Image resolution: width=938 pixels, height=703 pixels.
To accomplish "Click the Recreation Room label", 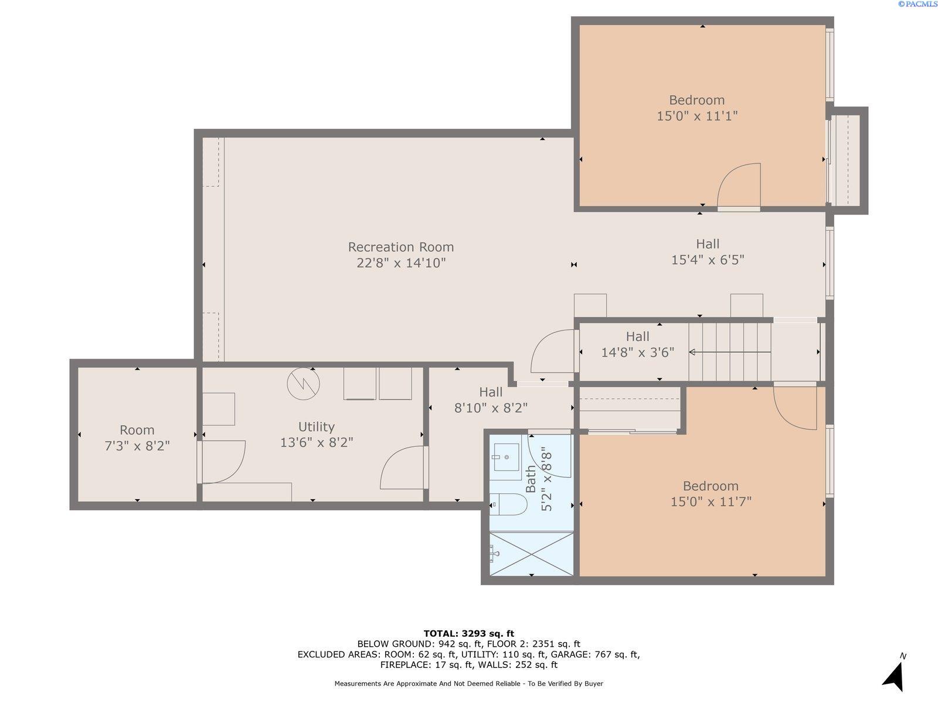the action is point(400,247).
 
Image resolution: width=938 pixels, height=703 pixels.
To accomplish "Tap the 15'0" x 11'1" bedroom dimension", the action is point(697,116).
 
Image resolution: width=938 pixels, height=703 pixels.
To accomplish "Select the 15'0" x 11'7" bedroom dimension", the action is point(711,501).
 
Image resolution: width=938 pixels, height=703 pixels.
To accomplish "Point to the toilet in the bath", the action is point(508,504).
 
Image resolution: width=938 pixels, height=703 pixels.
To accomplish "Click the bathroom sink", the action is point(507,457).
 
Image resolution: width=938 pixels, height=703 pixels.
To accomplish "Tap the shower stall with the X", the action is point(531,554).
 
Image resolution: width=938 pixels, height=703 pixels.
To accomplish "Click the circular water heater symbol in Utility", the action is point(304,384).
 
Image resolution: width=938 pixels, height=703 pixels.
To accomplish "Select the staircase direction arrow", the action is point(730,352).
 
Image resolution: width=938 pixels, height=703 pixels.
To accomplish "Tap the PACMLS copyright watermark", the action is point(917,4).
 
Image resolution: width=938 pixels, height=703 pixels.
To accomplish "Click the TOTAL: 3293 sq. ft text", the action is point(469,633).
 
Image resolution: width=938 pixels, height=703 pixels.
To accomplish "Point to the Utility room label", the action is point(316,427).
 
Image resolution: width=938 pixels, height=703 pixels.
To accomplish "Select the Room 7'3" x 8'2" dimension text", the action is point(137,446).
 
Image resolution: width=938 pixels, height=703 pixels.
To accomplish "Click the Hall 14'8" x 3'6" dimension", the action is point(638,353).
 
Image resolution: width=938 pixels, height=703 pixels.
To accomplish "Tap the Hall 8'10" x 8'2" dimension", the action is point(491,408).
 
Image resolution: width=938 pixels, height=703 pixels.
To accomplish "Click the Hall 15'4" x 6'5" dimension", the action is point(708,260).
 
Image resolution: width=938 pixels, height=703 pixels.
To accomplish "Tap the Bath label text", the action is point(531,479).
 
